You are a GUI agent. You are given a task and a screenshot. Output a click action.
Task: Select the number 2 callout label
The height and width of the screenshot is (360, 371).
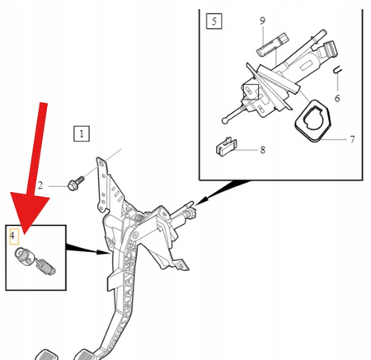[40, 187]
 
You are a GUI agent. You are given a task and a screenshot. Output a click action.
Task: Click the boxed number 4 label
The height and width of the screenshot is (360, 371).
[12, 236]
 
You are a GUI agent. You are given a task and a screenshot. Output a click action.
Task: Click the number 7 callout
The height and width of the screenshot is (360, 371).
[352, 139]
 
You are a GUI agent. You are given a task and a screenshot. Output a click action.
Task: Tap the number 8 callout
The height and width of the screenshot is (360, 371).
[261, 150]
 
